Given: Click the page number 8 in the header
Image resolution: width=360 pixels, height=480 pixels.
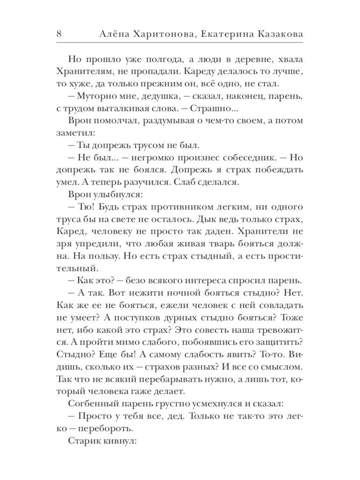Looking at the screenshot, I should click(x=60, y=34).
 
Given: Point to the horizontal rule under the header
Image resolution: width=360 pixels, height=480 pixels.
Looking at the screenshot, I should click(x=180, y=43).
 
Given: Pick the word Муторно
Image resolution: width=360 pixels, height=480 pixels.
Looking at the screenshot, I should click(x=99, y=97).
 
